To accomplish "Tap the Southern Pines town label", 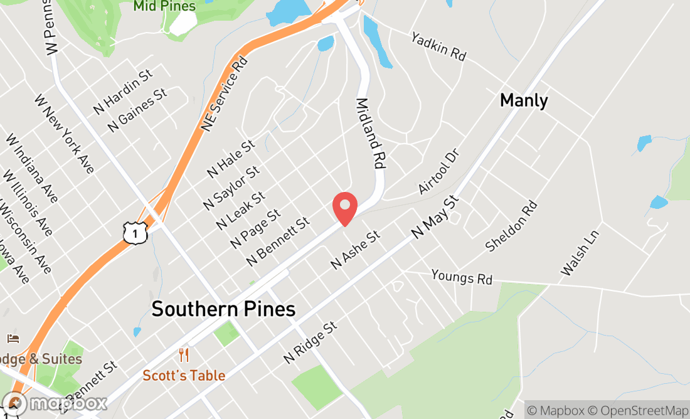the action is pyautogui.click(x=223, y=309).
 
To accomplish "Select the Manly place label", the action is pyautogui.click(x=524, y=100).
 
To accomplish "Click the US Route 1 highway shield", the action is pyautogui.click(x=135, y=233).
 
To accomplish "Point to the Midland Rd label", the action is pyautogui.click(x=371, y=133).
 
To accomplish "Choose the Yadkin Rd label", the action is pyautogui.click(x=438, y=46).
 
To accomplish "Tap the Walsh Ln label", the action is pyautogui.click(x=580, y=253).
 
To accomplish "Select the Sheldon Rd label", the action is pyautogui.click(x=512, y=226).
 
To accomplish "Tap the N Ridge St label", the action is pyautogui.click(x=310, y=342).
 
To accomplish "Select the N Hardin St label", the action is pyautogui.click(x=123, y=92).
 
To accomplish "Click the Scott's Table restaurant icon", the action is pyautogui.click(x=184, y=355).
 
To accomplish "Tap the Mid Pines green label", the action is pyautogui.click(x=164, y=6).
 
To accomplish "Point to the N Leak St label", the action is pyautogui.click(x=240, y=211).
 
